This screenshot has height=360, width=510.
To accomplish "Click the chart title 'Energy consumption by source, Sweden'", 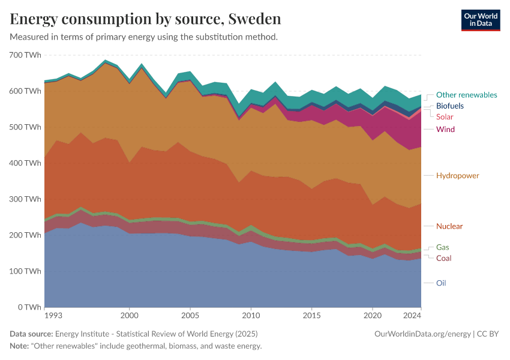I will [x=145, y=19].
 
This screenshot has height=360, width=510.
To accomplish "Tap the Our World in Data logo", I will [x=480, y=20].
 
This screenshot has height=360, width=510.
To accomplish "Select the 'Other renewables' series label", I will [x=466, y=95].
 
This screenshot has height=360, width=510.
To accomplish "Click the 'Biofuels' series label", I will [x=449, y=106].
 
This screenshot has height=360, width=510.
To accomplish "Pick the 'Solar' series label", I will [x=445, y=117].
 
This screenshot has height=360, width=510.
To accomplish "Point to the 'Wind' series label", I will [x=445, y=129].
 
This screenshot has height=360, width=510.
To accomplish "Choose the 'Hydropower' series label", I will [x=457, y=175].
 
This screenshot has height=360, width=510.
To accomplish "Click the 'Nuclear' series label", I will [x=449, y=226].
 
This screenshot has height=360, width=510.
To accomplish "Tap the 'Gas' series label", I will [x=442, y=247].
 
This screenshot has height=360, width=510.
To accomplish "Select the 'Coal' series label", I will [x=443, y=258].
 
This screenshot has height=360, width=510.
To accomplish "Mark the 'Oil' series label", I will [x=441, y=283].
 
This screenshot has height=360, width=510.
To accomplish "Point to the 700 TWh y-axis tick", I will [x=25, y=55].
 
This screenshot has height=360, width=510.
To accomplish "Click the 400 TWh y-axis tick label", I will [x=25, y=163].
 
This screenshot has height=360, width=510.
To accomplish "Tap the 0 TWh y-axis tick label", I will [x=28, y=307].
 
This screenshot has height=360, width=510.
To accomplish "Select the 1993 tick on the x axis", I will [x=53, y=315].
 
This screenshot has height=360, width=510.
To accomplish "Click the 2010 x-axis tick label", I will [x=251, y=315].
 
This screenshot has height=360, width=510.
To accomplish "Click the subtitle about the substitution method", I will [x=143, y=37].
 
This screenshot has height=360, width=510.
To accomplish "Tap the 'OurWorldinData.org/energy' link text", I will [x=422, y=334].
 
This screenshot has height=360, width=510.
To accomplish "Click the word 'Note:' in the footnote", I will [x=20, y=346].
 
